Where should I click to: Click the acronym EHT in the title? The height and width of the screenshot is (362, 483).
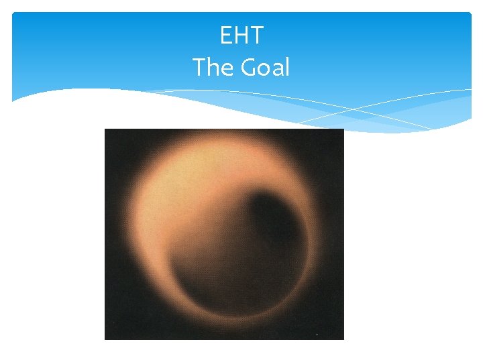[241, 36]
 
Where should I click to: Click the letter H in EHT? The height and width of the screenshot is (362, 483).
[241, 36]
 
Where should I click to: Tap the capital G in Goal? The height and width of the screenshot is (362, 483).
[242, 67]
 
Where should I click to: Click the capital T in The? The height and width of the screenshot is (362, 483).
[199, 67]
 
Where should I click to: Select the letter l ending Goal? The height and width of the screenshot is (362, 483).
[286, 66]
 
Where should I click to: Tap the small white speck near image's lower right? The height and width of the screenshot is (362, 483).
[316, 333]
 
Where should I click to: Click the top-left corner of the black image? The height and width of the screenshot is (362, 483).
[105, 129]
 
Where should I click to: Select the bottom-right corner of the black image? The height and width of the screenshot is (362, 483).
[343, 339]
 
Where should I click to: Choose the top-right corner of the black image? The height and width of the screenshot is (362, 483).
[343, 129]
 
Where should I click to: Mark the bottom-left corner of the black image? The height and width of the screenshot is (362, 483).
[105, 339]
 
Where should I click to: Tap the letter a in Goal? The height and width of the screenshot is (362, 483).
[276, 69]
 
